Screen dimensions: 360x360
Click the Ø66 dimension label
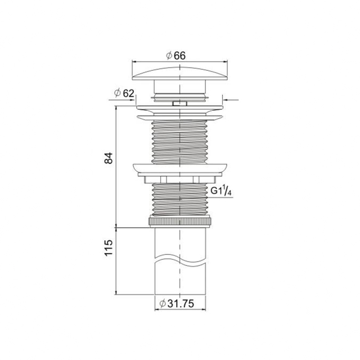coord(176,56)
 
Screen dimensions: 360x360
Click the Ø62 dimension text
coord(124,93)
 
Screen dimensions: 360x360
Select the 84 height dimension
coord(109,157)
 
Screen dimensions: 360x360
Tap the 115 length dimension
coord(109,247)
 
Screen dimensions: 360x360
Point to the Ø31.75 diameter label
coord(177,304)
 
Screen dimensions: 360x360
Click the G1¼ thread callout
coord(220,191)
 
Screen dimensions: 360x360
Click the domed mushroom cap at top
coord(180,74)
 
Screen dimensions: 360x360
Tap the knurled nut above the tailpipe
coord(180,221)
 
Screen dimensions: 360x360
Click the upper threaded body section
coord(180,142)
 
